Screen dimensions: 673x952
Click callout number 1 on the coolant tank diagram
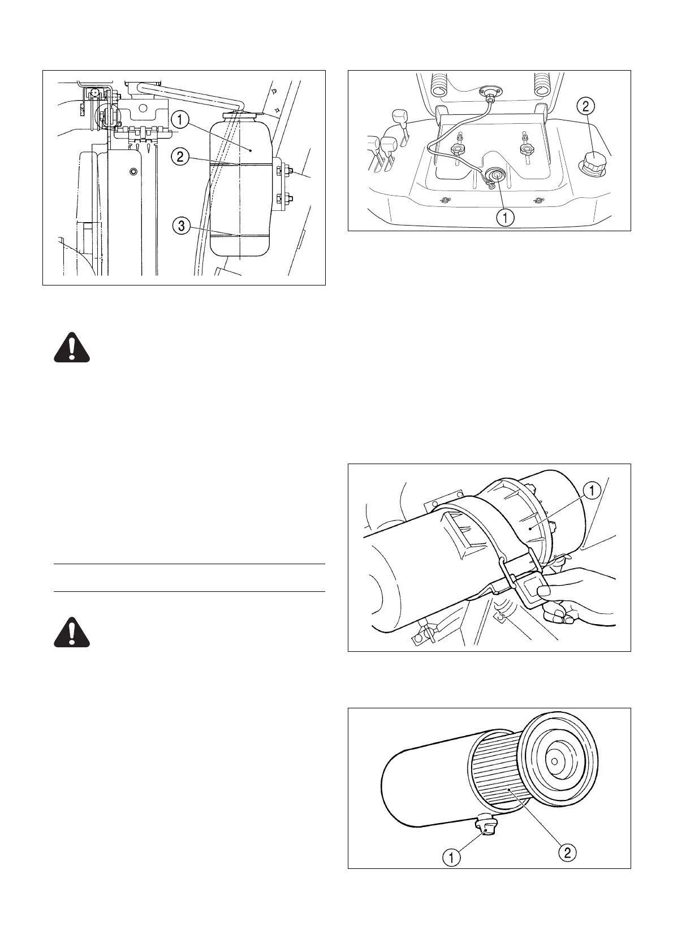click(x=180, y=120)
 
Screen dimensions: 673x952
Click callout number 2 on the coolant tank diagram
click(x=180, y=157)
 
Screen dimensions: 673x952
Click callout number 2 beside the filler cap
click(x=586, y=105)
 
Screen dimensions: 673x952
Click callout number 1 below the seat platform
click(x=505, y=217)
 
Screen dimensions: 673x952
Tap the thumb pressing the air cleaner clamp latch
click(x=544, y=592)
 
